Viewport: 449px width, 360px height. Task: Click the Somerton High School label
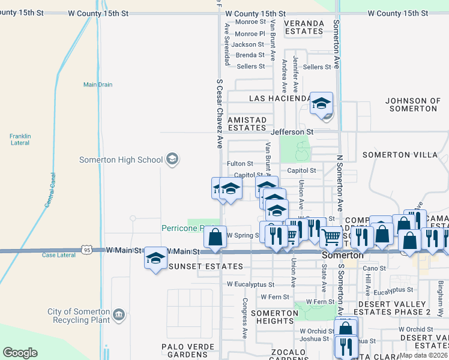coord(121,160)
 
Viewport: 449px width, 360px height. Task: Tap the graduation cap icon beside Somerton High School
coord(173,159)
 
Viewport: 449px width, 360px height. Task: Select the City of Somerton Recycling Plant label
coord(79,316)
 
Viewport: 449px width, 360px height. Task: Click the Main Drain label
coord(98,85)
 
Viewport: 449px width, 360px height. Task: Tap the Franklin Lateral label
coord(20,139)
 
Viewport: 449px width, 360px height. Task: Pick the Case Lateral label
coord(59,255)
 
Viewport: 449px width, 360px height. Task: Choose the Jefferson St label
coord(292,131)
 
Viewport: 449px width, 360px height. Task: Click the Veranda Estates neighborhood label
coord(304,27)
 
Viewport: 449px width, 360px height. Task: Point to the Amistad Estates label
coord(247,124)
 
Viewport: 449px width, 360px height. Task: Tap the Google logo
coord(20,353)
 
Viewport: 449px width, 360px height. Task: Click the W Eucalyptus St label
coord(250,284)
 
